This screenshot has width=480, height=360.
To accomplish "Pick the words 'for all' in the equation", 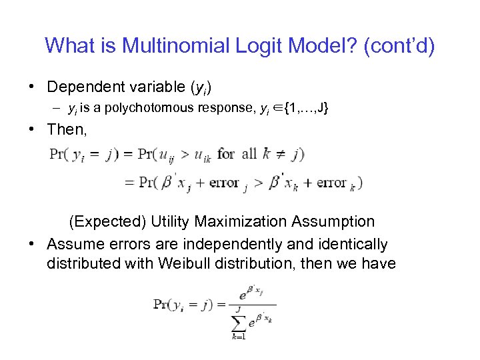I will (x=237, y=154).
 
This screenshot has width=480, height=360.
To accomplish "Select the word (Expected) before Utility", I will (x=107, y=221).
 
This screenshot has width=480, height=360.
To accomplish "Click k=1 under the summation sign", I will (x=239, y=337).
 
